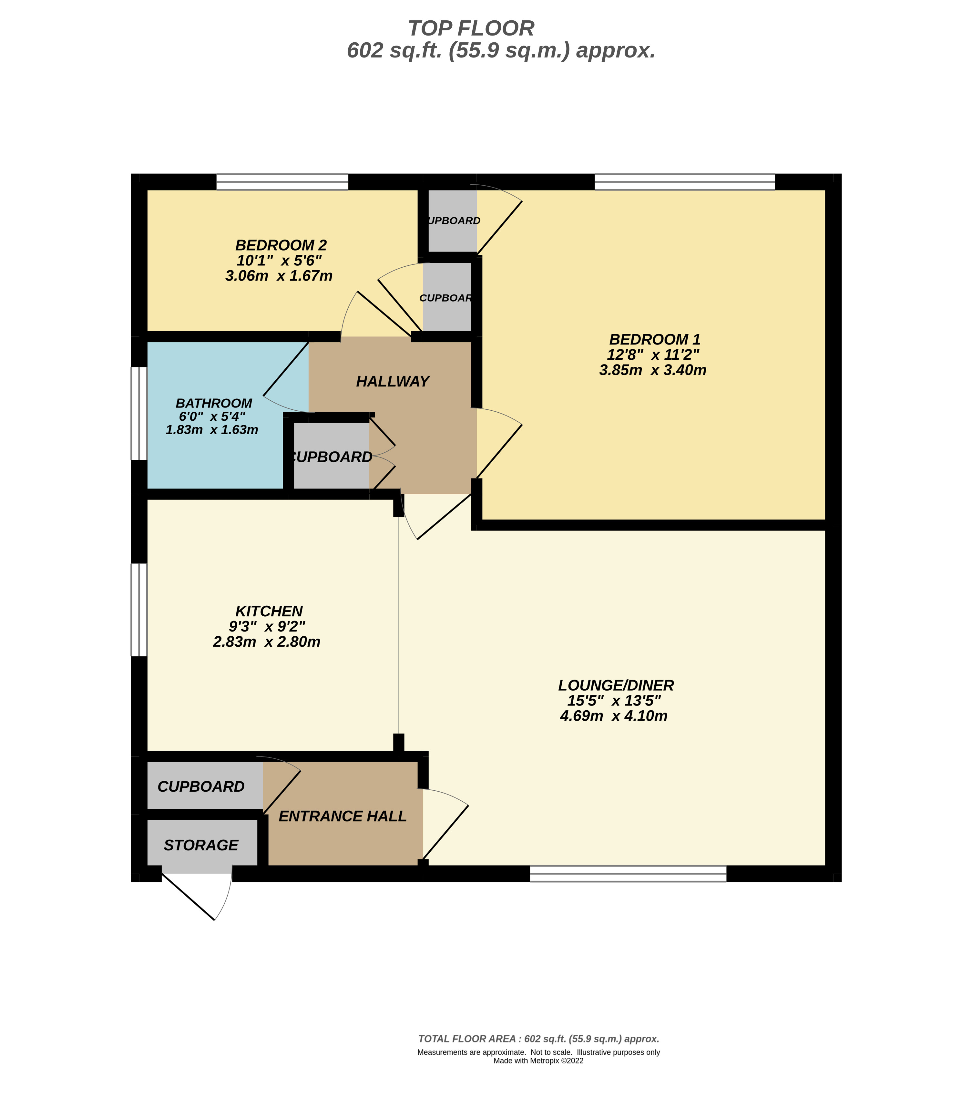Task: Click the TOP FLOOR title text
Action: (471, 28)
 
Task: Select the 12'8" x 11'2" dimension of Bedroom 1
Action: (653, 355)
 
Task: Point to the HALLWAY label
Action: (393, 382)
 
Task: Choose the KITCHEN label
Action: (269, 611)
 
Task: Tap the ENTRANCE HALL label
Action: (343, 816)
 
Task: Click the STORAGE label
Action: (201, 845)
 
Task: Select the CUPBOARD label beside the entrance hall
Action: (201, 786)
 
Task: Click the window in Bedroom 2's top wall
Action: (282, 182)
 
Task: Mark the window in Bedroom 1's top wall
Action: (684, 182)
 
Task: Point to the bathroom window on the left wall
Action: (139, 413)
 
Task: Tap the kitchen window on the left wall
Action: (139, 610)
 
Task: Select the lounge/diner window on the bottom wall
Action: (628, 874)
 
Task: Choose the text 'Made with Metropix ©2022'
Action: (538, 1061)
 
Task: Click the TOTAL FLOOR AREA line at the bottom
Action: (538, 1039)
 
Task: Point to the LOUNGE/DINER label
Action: (616, 685)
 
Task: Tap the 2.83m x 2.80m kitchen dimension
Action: (267, 642)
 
